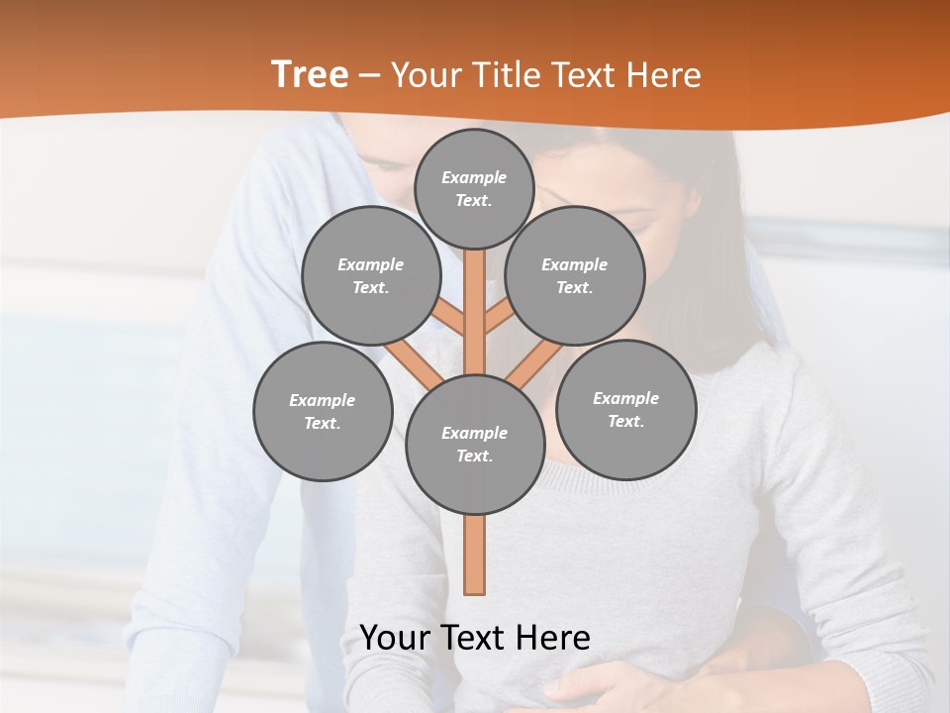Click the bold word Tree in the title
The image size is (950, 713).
[x=310, y=75]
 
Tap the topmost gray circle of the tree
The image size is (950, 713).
[x=474, y=188]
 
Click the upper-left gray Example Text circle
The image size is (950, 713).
[x=370, y=275]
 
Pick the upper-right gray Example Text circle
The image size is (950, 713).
[x=575, y=275]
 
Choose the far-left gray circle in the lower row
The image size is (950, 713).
[x=323, y=411]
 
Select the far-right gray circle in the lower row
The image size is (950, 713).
[x=625, y=409]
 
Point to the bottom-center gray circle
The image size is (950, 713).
[x=475, y=445]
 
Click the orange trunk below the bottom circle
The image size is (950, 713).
[x=475, y=555]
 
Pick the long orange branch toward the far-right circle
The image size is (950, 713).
[x=534, y=362]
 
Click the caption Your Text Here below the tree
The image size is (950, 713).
[x=475, y=638]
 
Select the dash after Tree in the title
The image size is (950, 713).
[x=369, y=75]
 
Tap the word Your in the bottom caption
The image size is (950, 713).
[x=396, y=638]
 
